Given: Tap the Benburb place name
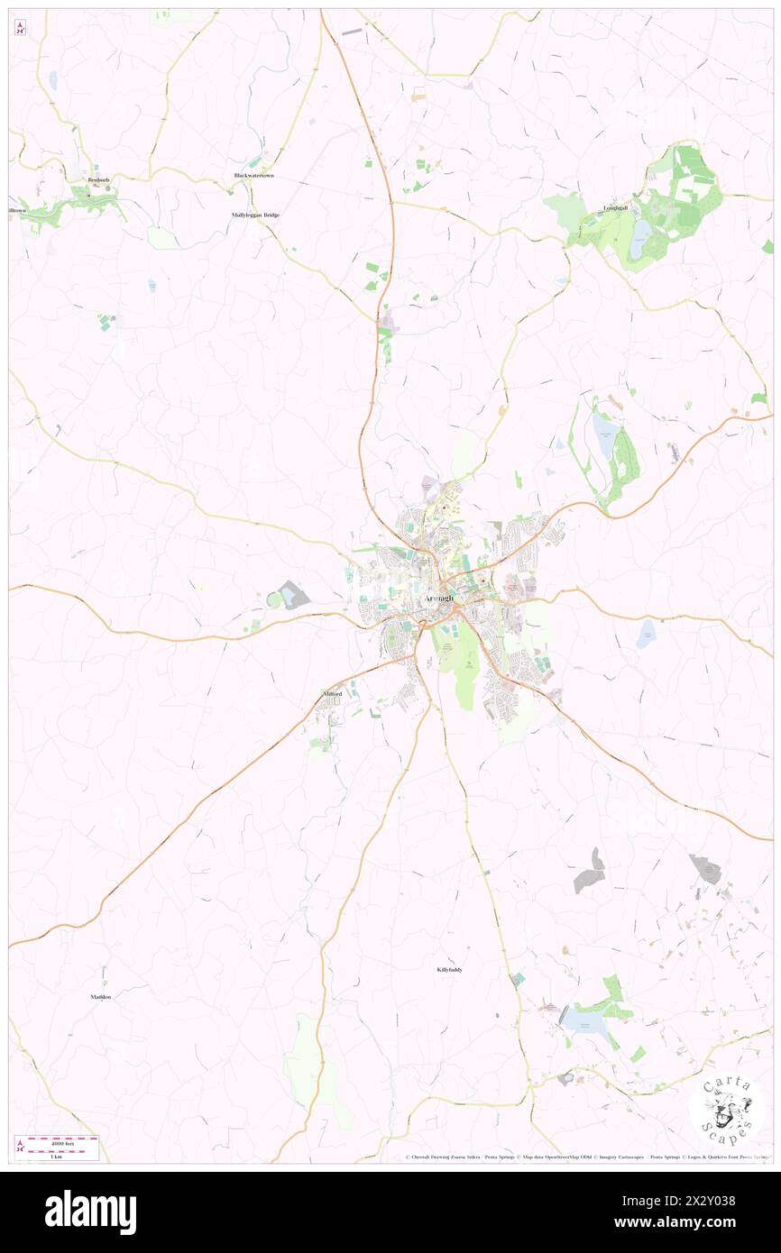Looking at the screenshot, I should tap(97, 180).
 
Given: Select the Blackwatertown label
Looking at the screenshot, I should tap(253, 175).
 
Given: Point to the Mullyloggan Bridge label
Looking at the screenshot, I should tap(255, 215).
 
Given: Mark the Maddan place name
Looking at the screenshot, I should tap(100, 997).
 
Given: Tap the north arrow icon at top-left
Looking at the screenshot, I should tap(20, 28).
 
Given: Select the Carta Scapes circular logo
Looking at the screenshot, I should tap(727, 1108).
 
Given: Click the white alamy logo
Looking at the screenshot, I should tap(90, 1212).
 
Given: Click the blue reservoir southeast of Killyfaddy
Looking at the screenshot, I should tap(581, 1020).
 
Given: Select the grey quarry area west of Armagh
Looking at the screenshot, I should tap(291, 595).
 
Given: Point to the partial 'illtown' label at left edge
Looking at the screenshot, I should tap(15, 210).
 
